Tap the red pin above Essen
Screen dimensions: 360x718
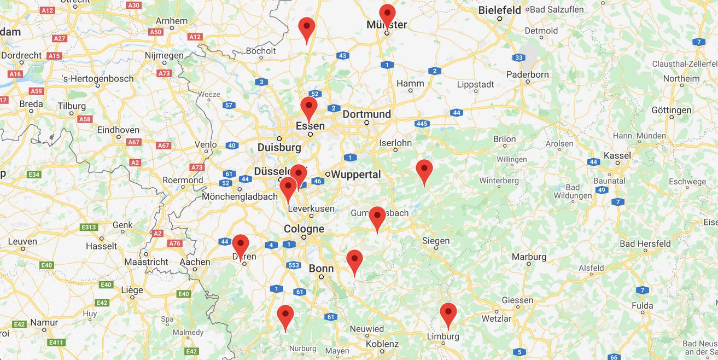309,106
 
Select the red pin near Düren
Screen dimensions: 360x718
241,244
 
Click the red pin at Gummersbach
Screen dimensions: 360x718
377,216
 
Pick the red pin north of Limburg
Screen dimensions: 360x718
448,313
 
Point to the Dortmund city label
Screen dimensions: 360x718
366,114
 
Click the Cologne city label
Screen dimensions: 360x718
303,229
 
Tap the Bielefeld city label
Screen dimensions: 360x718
499,10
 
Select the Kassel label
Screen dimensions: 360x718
617,155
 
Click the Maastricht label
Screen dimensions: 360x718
146,262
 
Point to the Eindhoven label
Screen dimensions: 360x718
118,130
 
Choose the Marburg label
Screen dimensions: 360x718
529,257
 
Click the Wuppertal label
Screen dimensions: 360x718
356,175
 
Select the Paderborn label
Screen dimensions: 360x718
527,74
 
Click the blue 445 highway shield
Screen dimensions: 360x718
422,124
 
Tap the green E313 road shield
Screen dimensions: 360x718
89,227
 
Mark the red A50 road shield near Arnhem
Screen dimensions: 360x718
156,32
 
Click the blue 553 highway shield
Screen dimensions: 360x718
294,265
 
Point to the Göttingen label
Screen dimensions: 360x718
671,110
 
